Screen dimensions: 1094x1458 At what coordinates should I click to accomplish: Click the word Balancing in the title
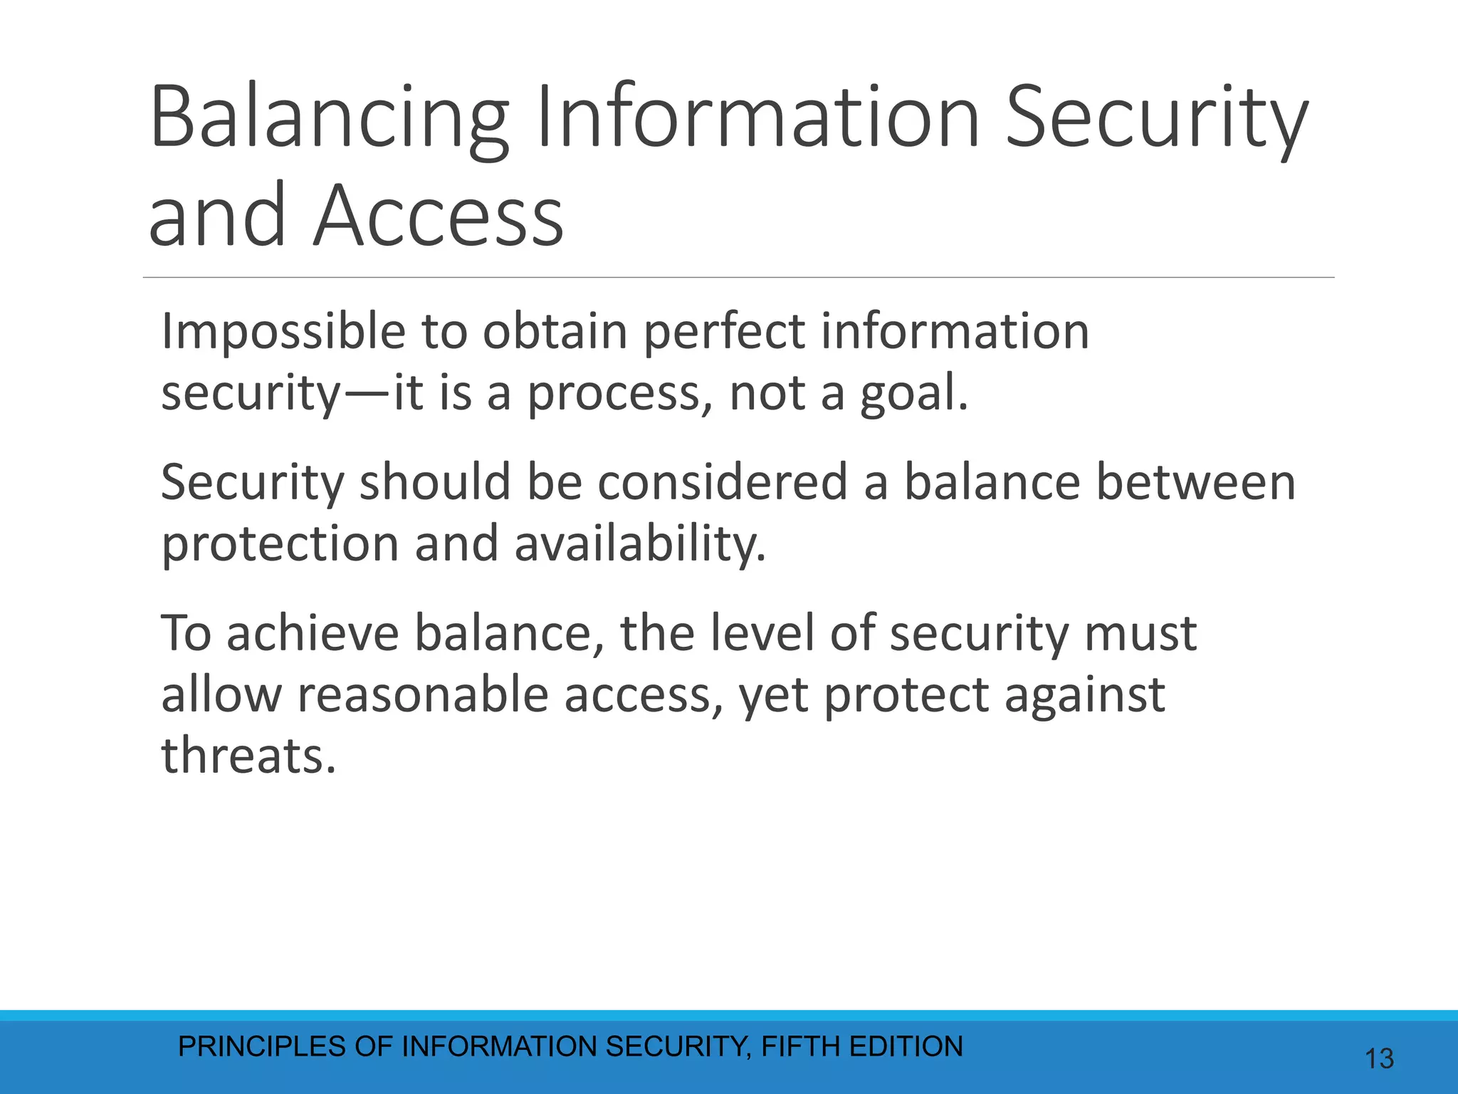(x=329, y=118)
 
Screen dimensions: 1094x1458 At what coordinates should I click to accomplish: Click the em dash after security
(x=367, y=394)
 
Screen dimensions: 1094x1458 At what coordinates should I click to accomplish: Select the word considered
(x=722, y=482)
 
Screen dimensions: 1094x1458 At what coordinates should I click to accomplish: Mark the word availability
(x=639, y=544)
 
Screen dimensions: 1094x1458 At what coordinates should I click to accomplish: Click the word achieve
(x=313, y=633)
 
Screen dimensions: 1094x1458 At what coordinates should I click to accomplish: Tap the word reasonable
(x=423, y=694)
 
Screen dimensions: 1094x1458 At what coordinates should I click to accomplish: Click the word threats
(x=248, y=756)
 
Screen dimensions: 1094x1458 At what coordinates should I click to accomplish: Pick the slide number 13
(x=1379, y=1059)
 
